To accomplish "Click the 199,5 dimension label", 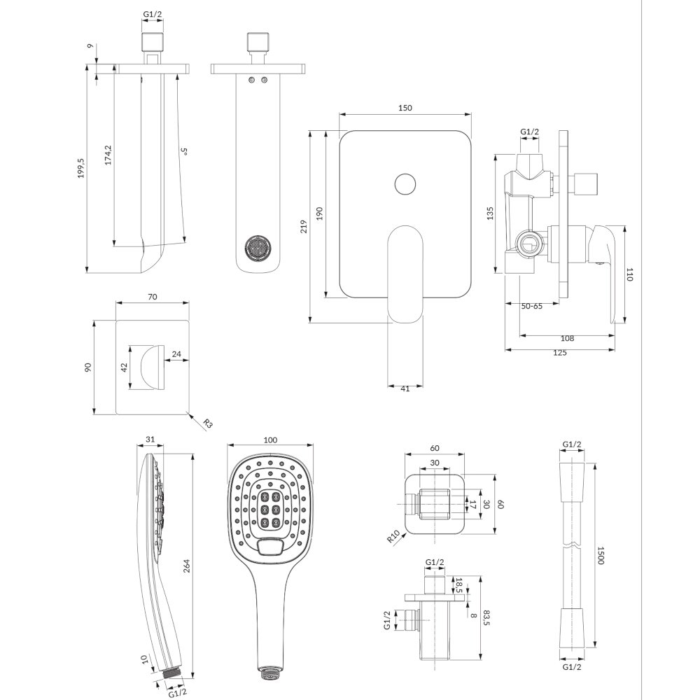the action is [x=80, y=168].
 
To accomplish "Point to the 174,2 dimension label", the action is [x=108, y=155].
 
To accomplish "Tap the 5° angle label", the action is [x=183, y=152].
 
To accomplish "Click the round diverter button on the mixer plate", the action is [x=405, y=184].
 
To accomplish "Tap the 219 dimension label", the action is [x=304, y=226].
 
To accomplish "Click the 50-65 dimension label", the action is [x=532, y=307].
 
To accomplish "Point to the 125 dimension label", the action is [x=559, y=353].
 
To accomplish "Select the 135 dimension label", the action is [x=490, y=213].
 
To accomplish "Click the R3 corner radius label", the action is [x=208, y=423].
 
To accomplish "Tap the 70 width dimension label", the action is [x=152, y=296].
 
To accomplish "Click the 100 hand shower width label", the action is [x=270, y=440].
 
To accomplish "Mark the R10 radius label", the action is [x=393, y=537].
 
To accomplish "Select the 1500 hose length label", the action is [x=601, y=555].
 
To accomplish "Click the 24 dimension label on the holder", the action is [x=176, y=354].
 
